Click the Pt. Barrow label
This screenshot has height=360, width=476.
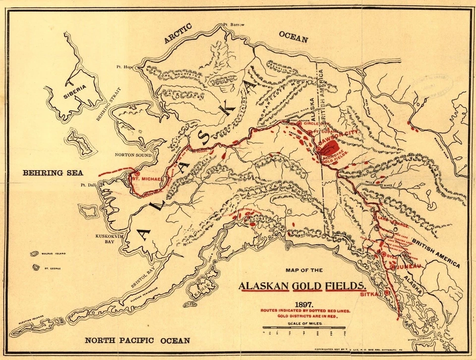click(234, 24)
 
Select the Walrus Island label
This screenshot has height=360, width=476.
click(55, 253)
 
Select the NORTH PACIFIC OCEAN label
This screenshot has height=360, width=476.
click(137, 340)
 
